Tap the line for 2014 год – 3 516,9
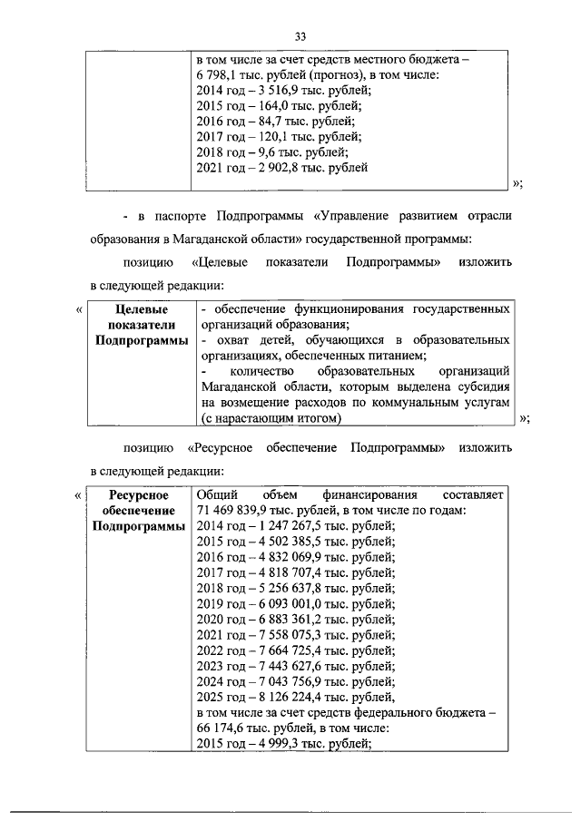(x=283, y=90)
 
